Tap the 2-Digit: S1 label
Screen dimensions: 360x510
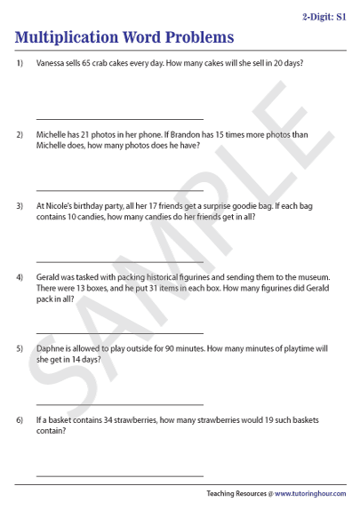pos(324,17)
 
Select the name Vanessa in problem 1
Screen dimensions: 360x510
pos(52,63)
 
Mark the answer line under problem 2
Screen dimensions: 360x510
pos(119,190)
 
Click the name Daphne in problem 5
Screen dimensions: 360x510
pos(52,348)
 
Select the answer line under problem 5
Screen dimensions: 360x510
pos(119,404)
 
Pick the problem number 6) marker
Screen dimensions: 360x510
pos(20,419)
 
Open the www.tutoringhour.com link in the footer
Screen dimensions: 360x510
pos(310,493)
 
